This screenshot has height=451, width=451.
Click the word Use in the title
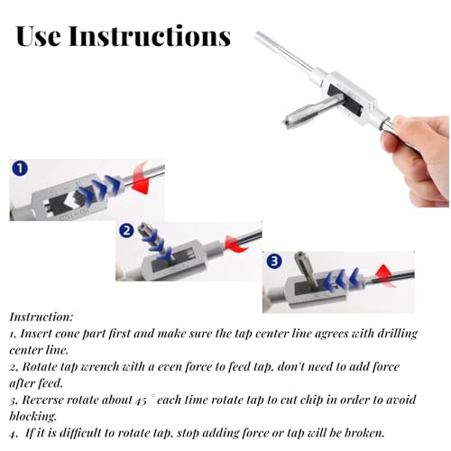[38, 36]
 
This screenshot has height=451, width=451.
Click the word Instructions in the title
[150, 36]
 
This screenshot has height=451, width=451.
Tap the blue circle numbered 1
[20, 168]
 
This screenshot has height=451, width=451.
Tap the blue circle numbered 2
[126, 231]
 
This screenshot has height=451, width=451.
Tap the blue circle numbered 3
[274, 261]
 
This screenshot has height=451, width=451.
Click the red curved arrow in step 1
[141, 179]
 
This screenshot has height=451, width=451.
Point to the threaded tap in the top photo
[313, 111]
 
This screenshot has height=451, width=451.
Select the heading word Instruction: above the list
[41, 317]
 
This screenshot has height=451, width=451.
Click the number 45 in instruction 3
[141, 400]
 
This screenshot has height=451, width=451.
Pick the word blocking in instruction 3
[32, 417]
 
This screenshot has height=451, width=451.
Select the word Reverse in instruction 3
[42, 400]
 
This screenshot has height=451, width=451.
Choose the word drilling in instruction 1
[398, 334]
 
